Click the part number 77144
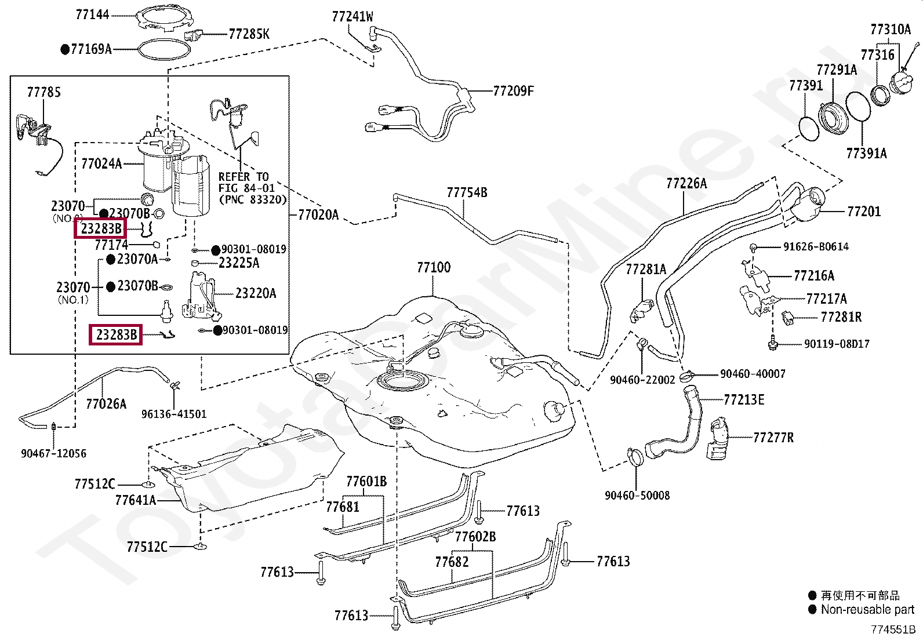92,15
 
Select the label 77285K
249,34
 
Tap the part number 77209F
514,90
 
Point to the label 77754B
467,192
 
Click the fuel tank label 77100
434,267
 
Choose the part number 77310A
891,29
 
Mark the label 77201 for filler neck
864,212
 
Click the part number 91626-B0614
816,247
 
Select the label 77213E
744,400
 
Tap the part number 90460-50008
637,495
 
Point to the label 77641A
136,500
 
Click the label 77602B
475,537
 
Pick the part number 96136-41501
174,414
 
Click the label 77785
43,92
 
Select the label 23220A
256,293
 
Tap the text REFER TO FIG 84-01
246,183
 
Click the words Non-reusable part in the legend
867,609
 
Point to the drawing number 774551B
893,629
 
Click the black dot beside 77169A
65,49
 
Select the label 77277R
773,438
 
